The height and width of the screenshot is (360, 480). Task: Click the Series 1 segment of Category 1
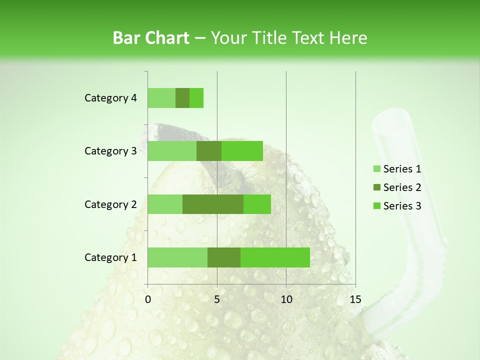click(x=177, y=257)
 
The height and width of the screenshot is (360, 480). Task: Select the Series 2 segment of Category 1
click(x=224, y=257)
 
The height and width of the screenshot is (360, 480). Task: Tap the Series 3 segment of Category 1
click(x=275, y=257)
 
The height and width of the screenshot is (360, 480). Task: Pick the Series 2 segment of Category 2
click(x=213, y=204)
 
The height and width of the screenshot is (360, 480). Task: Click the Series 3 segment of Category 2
click(x=257, y=204)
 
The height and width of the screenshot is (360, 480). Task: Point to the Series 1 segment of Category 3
click(x=172, y=151)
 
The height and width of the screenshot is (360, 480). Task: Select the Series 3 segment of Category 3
click(x=242, y=151)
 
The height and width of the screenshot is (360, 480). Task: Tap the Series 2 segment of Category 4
click(x=182, y=98)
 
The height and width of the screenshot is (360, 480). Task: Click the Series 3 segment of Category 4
click(x=196, y=98)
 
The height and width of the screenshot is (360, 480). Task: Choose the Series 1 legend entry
click(x=397, y=169)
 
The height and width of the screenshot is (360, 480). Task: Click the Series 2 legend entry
click(x=397, y=187)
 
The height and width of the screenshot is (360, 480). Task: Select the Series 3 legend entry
click(x=397, y=206)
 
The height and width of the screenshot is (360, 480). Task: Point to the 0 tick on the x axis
click(x=148, y=299)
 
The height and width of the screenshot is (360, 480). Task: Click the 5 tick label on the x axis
click(x=217, y=299)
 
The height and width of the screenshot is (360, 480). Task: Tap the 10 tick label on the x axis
click(x=286, y=299)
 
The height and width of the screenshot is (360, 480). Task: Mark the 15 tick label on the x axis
click(x=355, y=299)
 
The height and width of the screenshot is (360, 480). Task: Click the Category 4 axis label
click(x=110, y=98)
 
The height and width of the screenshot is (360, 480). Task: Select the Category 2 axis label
click(x=110, y=204)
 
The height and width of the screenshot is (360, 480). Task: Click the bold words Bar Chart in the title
click(x=151, y=38)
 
